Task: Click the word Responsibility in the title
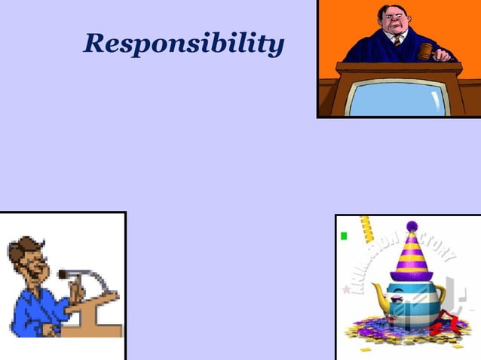tap(184, 44)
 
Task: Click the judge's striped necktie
tap(397, 40)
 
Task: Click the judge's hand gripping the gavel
tap(443, 54)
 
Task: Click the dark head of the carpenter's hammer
tap(63, 274)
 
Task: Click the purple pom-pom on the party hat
tap(412, 225)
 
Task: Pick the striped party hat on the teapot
tap(410, 256)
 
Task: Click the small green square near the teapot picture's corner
tap(344, 235)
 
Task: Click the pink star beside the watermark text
tap(347, 288)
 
